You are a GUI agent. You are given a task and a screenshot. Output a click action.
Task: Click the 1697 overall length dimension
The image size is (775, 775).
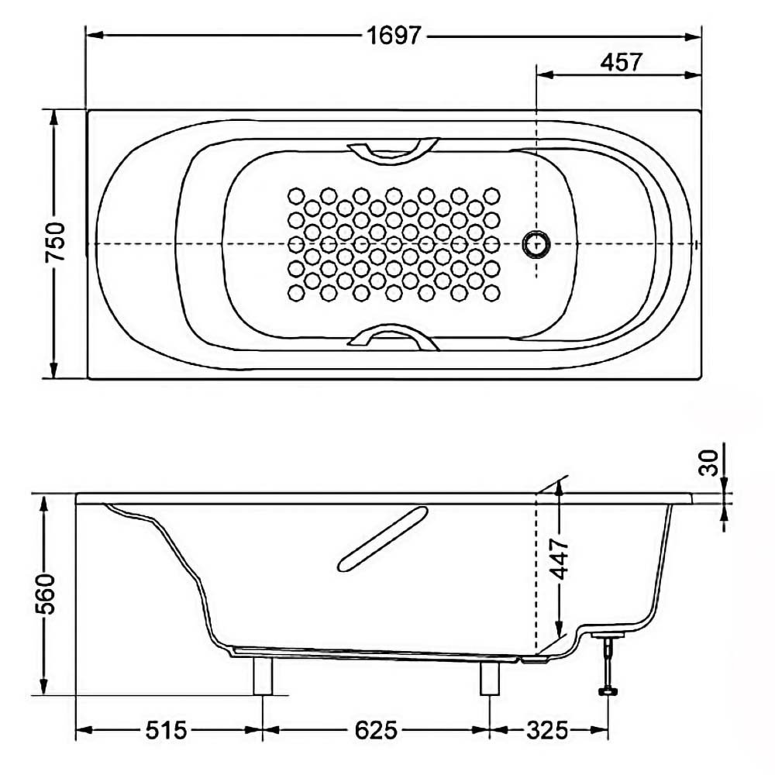(394, 36)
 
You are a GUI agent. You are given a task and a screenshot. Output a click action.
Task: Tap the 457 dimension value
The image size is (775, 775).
(622, 62)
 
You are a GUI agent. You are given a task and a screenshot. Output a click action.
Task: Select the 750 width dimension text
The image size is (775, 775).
(55, 242)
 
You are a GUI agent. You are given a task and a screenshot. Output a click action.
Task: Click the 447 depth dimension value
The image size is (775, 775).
(560, 559)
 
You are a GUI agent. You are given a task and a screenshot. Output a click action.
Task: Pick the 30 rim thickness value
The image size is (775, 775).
(710, 462)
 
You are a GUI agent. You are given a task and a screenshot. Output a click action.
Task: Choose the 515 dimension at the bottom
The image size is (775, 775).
(167, 730)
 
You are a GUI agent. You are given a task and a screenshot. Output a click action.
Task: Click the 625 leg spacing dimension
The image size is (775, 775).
(376, 730)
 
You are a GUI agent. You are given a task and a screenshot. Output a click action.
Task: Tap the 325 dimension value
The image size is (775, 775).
(547, 730)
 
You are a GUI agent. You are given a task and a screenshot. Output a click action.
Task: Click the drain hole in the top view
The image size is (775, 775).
(536, 243)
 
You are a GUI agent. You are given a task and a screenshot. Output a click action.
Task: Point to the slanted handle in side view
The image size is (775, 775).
(383, 539)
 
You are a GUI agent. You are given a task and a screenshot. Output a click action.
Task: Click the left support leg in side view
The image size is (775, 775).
(263, 675)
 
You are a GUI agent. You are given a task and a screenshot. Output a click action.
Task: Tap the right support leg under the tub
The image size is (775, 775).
(490, 677)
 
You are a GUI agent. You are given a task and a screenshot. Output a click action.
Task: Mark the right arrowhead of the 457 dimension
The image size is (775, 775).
(693, 74)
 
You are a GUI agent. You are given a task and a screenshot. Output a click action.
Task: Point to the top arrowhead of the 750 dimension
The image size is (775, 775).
(53, 118)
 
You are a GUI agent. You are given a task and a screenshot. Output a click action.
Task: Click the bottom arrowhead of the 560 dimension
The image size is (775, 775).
(44, 686)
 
